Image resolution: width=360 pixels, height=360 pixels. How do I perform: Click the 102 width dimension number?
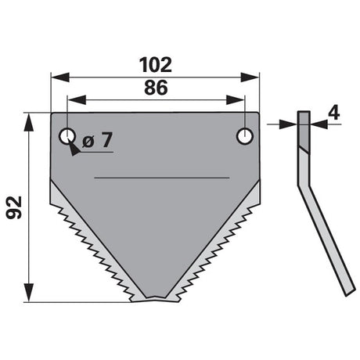(156, 65)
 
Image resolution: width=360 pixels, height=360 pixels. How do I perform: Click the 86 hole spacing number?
(156, 88)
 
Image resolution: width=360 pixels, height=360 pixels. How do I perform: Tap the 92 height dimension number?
(14, 207)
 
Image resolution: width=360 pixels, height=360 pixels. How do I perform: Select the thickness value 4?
(334, 113)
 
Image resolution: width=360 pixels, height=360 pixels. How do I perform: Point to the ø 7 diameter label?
(97, 140)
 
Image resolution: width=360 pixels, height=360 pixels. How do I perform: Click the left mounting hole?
(67, 136)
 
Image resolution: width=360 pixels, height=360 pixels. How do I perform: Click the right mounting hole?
(245, 136)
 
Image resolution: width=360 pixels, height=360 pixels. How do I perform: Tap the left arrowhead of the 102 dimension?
(60, 77)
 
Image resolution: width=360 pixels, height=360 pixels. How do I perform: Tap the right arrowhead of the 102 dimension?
(250, 77)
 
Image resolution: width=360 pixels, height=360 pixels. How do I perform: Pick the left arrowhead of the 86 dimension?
(77, 100)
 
